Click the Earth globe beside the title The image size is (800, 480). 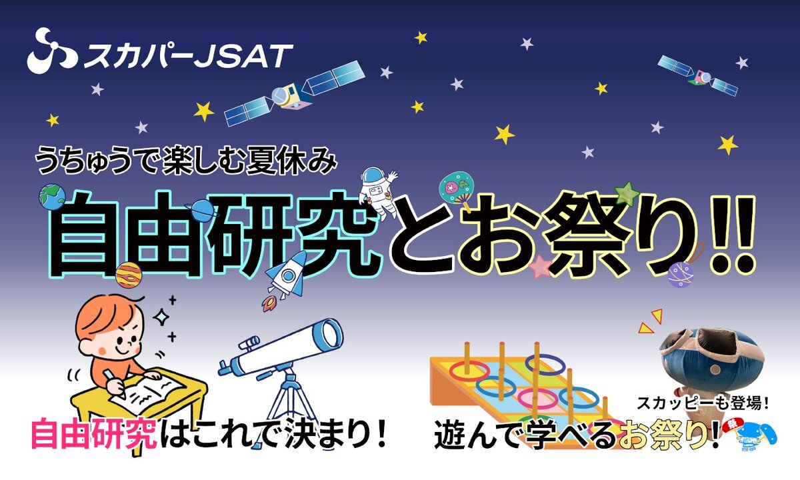click(52, 198)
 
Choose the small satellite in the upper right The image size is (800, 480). click(698, 76)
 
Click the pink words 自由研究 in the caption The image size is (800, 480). click(94, 433)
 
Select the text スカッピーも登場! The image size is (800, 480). click(703, 403)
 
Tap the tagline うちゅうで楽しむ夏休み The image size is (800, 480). click(186, 161)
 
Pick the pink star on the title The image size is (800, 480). click(540, 267)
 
